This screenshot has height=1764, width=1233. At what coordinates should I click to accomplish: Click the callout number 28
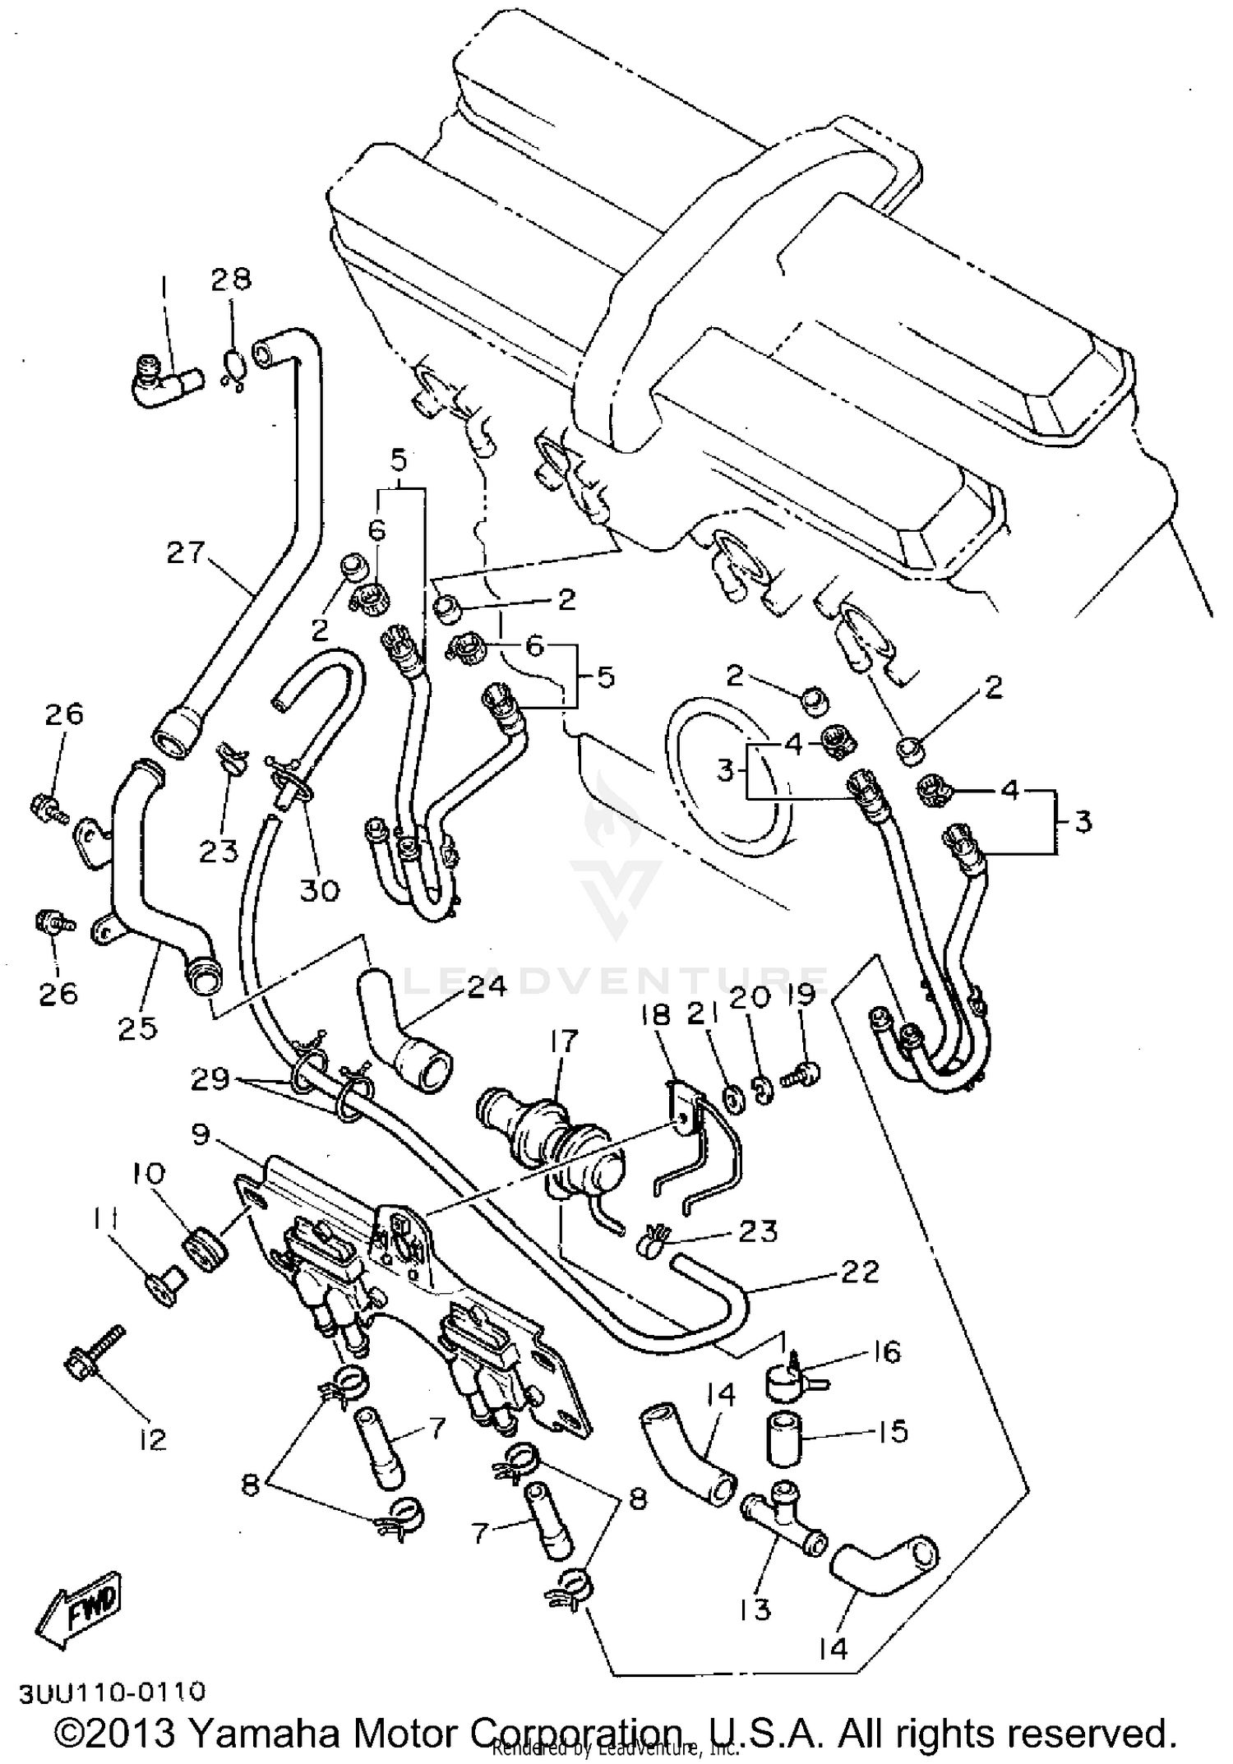pyautogui.click(x=230, y=279)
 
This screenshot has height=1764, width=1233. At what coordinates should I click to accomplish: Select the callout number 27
pyautogui.click(x=185, y=552)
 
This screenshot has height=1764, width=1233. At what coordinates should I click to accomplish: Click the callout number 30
pyautogui.click(x=319, y=889)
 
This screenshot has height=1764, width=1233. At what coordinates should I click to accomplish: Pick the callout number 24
pyautogui.click(x=487, y=985)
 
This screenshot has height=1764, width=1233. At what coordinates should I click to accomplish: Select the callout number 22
pyautogui.click(x=860, y=1272)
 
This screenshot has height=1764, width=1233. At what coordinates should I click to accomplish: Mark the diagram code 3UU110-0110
pyautogui.click(x=113, y=1692)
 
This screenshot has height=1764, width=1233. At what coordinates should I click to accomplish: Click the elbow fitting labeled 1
pyautogui.click(x=164, y=382)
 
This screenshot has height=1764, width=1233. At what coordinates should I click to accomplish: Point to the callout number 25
pyautogui.click(x=137, y=1027)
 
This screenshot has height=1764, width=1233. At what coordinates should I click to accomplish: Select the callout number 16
pyautogui.click(x=884, y=1351)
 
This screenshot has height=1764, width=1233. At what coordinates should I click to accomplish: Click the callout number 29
pyautogui.click(x=210, y=1078)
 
